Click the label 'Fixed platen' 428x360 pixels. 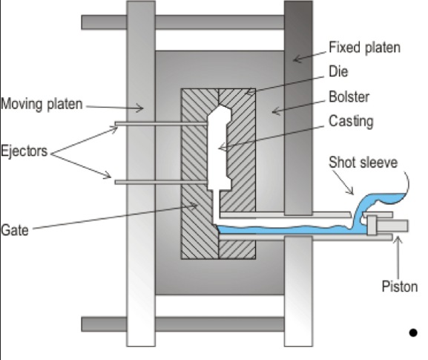pyautogui.click(x=364, y=48)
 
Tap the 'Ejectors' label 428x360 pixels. pyautogui.click(x=24, y=151)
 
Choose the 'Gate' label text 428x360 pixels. pyautogui.click(x=16, y=231)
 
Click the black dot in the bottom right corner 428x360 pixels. pyautogui.click(x=412, y=333)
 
